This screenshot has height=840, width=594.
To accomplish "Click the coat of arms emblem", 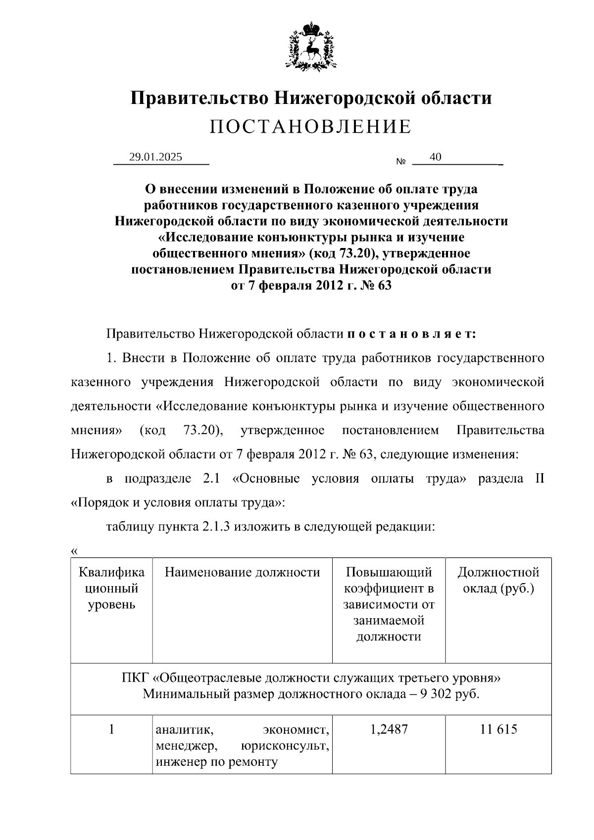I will tap(311, 46).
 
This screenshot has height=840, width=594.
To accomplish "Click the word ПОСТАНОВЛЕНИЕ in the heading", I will tap(310, 127).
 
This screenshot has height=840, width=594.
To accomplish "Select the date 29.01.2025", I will tap(155, 157).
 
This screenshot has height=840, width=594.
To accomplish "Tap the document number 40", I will tap(436, 157).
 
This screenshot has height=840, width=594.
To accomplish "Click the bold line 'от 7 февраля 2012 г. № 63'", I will tap(311, 286).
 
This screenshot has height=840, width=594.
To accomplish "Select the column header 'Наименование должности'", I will tap(242, 573).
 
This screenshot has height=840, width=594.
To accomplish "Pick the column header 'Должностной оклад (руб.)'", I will tap(498, 581).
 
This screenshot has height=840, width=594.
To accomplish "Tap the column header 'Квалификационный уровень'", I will tap(111, 589).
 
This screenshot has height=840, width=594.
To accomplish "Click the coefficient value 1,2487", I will tap(389, 729).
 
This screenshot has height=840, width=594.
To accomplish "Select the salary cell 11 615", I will tap(498, 729).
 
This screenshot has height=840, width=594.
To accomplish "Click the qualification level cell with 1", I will tap(111, 729).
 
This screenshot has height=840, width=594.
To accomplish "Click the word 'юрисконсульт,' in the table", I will tap(285, 745).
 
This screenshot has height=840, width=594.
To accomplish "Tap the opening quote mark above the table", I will tap(74, 551).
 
